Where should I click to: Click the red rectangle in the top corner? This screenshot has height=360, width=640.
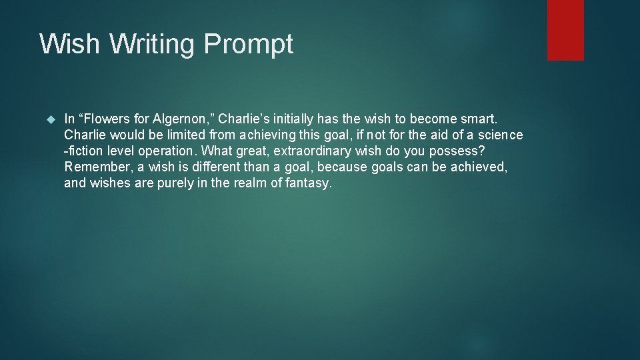coord(565,30)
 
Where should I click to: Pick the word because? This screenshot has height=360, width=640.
coord(340,167)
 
